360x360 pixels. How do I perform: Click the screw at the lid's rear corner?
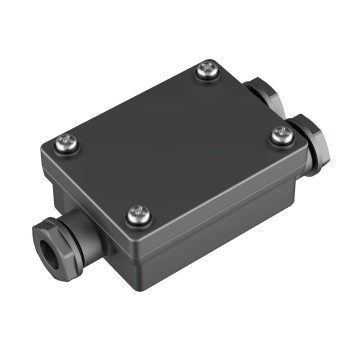tap(208, 69)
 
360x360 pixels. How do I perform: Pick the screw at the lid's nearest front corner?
tap(137, 212)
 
